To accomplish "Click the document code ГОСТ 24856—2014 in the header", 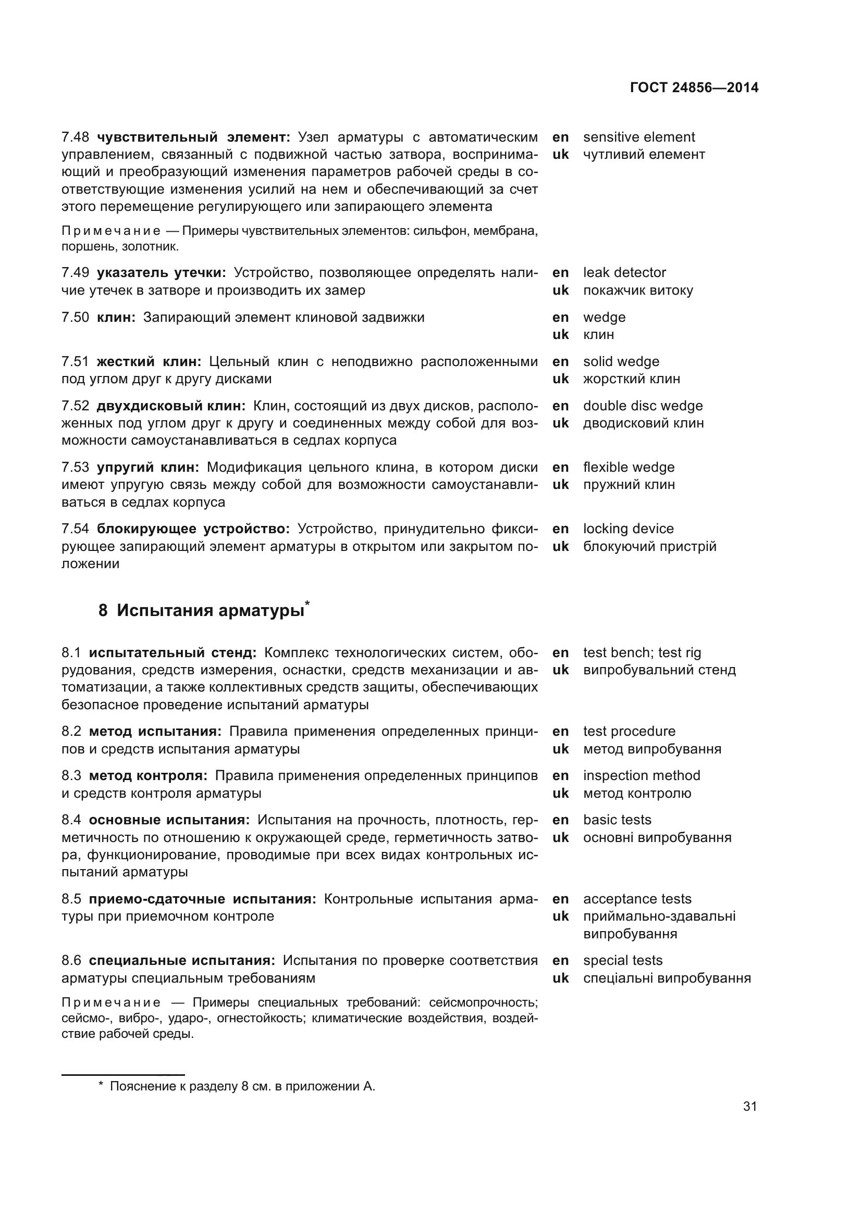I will point(694,87).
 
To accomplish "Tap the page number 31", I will point(749,1106).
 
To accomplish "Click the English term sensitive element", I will point(638,137).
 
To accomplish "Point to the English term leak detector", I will point(624,273).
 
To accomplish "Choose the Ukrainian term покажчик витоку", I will point(637,290).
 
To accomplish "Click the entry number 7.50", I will point(75,318).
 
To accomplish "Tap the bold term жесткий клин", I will point(149,362).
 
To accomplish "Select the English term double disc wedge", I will point(642,406).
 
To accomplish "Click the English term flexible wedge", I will point(629,467).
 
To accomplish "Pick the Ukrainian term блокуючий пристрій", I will point(649,546).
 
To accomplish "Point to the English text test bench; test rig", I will point(642,652).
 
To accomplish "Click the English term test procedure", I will point(629,731).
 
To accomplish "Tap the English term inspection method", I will point(641,775).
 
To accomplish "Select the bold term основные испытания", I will point(169,820).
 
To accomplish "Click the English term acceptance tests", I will point(637,899).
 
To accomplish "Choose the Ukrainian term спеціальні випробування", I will point(667,978).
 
